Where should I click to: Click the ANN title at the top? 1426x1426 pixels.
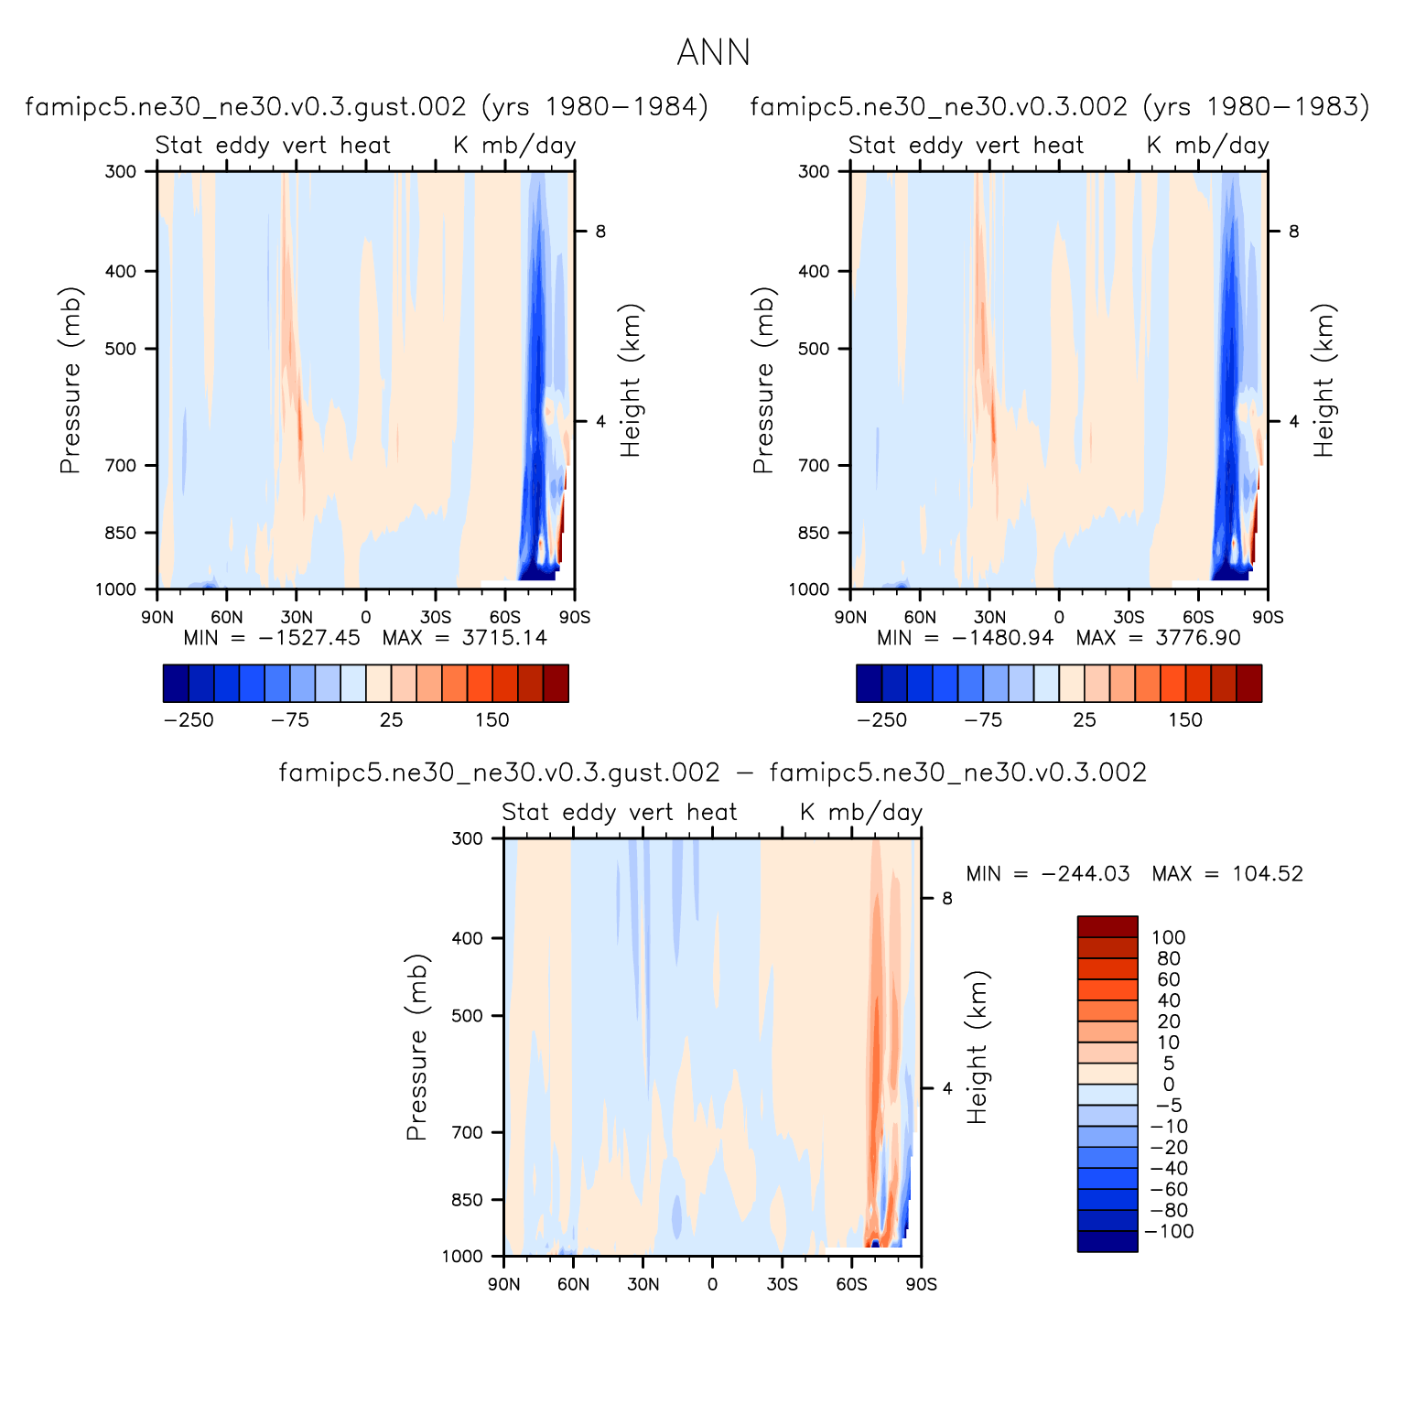point(713,53)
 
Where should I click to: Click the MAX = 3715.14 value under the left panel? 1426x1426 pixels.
point(464,638)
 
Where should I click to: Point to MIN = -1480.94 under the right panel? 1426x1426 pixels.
point(965,638)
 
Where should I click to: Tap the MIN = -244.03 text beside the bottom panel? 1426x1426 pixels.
point(1047,874)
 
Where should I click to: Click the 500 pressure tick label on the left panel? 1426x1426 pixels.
point(119,349)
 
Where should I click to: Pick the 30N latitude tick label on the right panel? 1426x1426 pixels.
point(988,618)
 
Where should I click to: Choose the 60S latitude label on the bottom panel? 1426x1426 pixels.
point(851,1284)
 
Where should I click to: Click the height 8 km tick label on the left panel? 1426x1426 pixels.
point(600,232)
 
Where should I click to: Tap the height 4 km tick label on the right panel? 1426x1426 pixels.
point(1293,422)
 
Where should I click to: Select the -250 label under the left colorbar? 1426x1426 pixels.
point(189,720)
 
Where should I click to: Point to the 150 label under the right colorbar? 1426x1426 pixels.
point(1184,720)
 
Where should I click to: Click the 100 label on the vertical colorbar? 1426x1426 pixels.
point(1168,937)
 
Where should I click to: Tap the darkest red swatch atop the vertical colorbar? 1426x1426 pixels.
point(1107,926)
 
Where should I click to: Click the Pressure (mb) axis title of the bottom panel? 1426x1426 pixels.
point(417,1046)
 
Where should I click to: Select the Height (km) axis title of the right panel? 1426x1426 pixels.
point(1323,380)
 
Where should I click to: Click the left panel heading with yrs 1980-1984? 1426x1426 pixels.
point(366,107)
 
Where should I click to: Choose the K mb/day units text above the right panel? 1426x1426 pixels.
point(1207,146)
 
